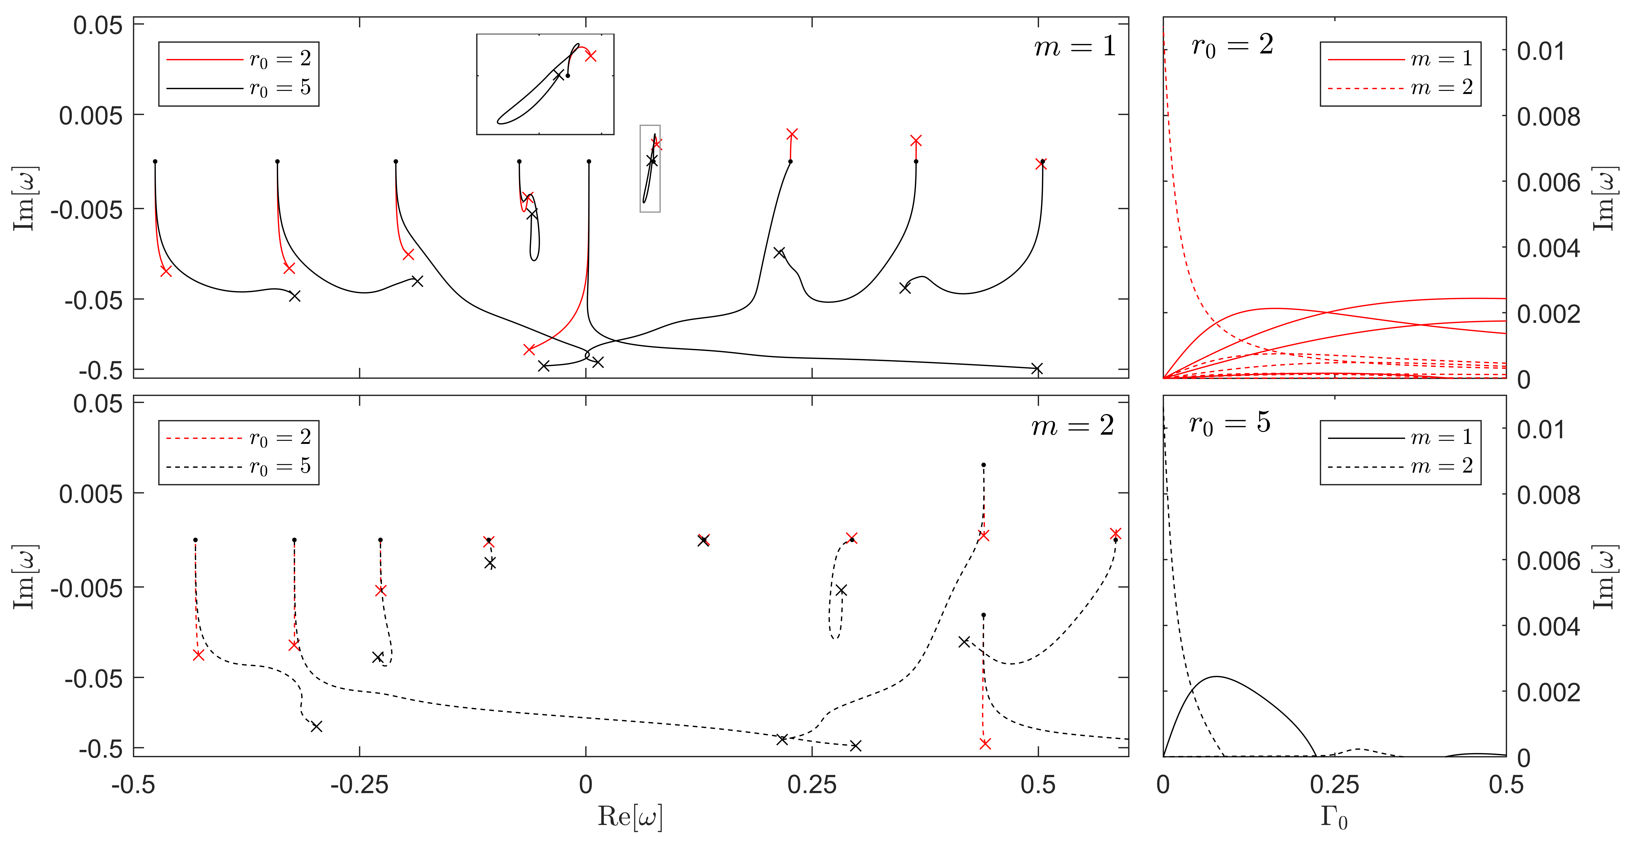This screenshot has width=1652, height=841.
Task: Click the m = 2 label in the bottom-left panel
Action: [1072, 426]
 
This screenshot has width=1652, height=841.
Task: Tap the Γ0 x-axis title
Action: [1334, 817]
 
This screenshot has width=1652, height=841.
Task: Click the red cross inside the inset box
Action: [591, 56]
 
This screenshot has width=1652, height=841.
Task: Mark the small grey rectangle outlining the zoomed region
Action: [650, 168]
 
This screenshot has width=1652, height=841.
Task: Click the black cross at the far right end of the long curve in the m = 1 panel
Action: [1037, 368]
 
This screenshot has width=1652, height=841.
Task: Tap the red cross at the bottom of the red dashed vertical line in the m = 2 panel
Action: [985, 744]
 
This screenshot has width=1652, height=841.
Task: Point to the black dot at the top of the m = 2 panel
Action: [983, 464]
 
